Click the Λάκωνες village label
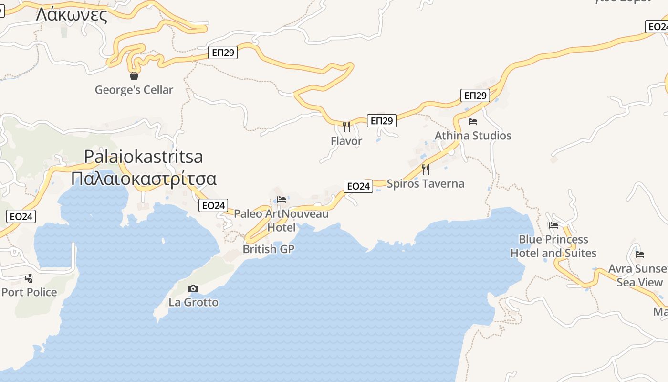[x=72, y=15]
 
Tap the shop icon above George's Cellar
[x=134, y=76]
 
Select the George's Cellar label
[x=134, y=90]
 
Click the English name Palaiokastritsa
[x=143, y=157]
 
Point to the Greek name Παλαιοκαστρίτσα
[x=143, y=179]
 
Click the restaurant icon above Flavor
[x=346, y=127]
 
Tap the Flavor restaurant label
[x=346, y=141]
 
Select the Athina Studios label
[x=473, y=136]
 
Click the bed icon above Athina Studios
[x=473, y=122]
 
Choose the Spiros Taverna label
[x=425, y=184]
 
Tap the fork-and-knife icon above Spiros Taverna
[x=425, y=170]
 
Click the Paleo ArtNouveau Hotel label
[x=281, y=220]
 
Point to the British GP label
[x=269, y=249]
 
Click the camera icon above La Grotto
[x=193, y=288]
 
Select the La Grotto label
[x=193, y=302]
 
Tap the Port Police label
[x=29, y=292]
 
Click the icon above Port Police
[x=29, y=278]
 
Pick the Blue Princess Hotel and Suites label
[x=553, y=246]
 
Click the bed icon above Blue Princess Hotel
[x=553, y=225]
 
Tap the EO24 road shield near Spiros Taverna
[x=358, y=186]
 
